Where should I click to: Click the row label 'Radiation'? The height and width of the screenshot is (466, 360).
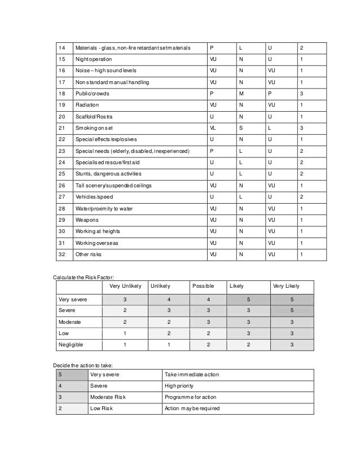[x=87, y=105]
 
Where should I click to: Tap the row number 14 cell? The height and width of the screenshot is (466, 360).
[x=63, y=47]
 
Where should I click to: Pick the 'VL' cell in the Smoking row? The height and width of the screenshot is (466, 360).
[x=213, y=128]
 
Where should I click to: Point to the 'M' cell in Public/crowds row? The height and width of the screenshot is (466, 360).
[x=241, y=94]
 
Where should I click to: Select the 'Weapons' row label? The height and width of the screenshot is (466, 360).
[x=87, y=220]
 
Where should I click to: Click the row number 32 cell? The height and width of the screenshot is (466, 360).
[x=63, y=254]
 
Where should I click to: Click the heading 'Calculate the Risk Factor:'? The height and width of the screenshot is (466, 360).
[x=84, y=278]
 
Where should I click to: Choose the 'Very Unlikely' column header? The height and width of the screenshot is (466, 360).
[x=125, y=286]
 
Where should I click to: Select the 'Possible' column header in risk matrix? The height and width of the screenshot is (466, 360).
[x=203, y=286]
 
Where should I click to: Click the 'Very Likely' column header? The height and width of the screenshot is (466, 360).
[x=286, y=286]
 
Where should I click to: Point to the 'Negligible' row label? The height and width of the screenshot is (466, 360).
[x=72, y=344]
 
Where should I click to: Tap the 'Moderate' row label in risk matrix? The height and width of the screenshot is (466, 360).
[x=70, y=322]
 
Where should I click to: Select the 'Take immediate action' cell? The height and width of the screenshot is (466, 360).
[x=191, y=375]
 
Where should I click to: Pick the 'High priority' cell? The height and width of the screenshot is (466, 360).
[x=179, y=386]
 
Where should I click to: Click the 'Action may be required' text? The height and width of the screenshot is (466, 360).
[x=192, y=408]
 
